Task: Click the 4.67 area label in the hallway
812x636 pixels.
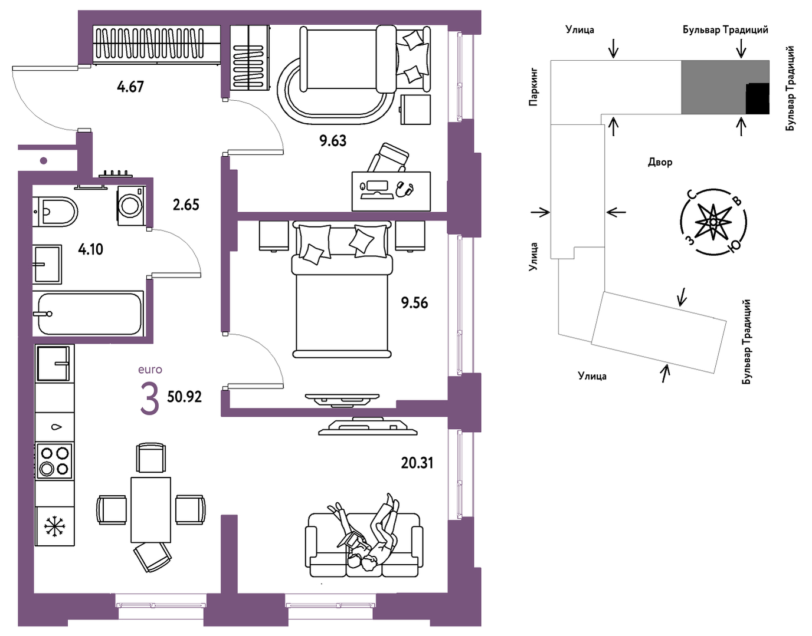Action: [130, 87]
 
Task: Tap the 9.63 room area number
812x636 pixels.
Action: [333, 141]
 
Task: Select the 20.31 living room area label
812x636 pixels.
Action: [417, 463]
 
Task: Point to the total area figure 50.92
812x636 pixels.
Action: [184, 397]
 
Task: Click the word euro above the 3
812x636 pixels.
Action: [150, 370]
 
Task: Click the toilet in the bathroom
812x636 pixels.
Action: [55, 212]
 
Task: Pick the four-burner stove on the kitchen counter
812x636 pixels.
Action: [54, 460]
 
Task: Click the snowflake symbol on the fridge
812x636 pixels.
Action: [55, 526]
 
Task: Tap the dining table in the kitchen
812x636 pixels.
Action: [150, 510]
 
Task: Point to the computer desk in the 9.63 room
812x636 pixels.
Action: [391, 191]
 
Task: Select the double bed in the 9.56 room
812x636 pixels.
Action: [342, 289]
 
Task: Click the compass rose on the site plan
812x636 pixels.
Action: [713, 222]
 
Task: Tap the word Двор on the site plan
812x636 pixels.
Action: [660, 162]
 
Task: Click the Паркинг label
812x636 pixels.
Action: [533, 87]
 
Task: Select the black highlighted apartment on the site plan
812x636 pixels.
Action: [758, 98]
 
